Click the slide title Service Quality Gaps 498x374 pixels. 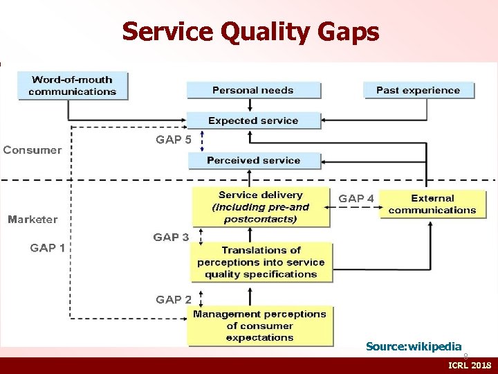tap(250, 31)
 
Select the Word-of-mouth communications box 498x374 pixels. tap(73, 86)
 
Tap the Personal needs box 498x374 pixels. tap(253, 90)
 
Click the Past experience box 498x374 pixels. tap(418, 90)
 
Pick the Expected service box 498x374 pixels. tap(253, 121)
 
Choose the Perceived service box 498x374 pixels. tap(253, 161)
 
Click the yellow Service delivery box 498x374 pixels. tap(261, 207)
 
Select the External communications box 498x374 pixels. tap(432, 204)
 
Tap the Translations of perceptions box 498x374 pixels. tap(261, 262)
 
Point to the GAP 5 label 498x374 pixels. tap(174, 139)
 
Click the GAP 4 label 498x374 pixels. tap(356, 199)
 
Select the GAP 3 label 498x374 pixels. tap(171, 238)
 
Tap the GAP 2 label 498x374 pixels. tap(174, 300)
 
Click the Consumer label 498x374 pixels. tap(33, 150)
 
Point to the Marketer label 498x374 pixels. tap(33, 220)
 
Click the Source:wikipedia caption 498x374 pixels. tap(414, 346)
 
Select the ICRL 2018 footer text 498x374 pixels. tap(470, 365)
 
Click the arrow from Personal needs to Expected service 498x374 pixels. tap(253, 105)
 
